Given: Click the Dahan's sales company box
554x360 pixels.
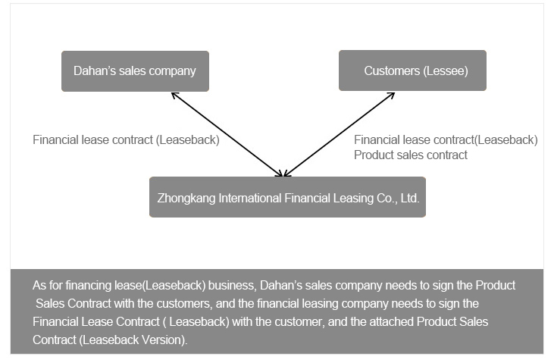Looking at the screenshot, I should [x=135, y=71].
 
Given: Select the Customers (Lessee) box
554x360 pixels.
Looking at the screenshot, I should [x=412, y=71].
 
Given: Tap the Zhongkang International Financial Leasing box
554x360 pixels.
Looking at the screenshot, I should [x=287, y=197].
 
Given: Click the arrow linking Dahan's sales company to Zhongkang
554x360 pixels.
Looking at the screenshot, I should [x=227, y=135].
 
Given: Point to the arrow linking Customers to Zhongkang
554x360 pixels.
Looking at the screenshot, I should [x=340, y=135].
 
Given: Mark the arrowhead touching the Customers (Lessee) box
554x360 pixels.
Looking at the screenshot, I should [x=392, y=95].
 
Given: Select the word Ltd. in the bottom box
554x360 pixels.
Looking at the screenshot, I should [x=409, y=198].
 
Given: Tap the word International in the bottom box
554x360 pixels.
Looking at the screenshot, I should [x=246, y=198].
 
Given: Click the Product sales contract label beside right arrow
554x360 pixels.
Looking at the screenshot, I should [x=411, y=155].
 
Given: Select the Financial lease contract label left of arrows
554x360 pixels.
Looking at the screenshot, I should [x=126, y=140].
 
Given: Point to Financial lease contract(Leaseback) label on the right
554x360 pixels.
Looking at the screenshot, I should [x=446, y=140].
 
